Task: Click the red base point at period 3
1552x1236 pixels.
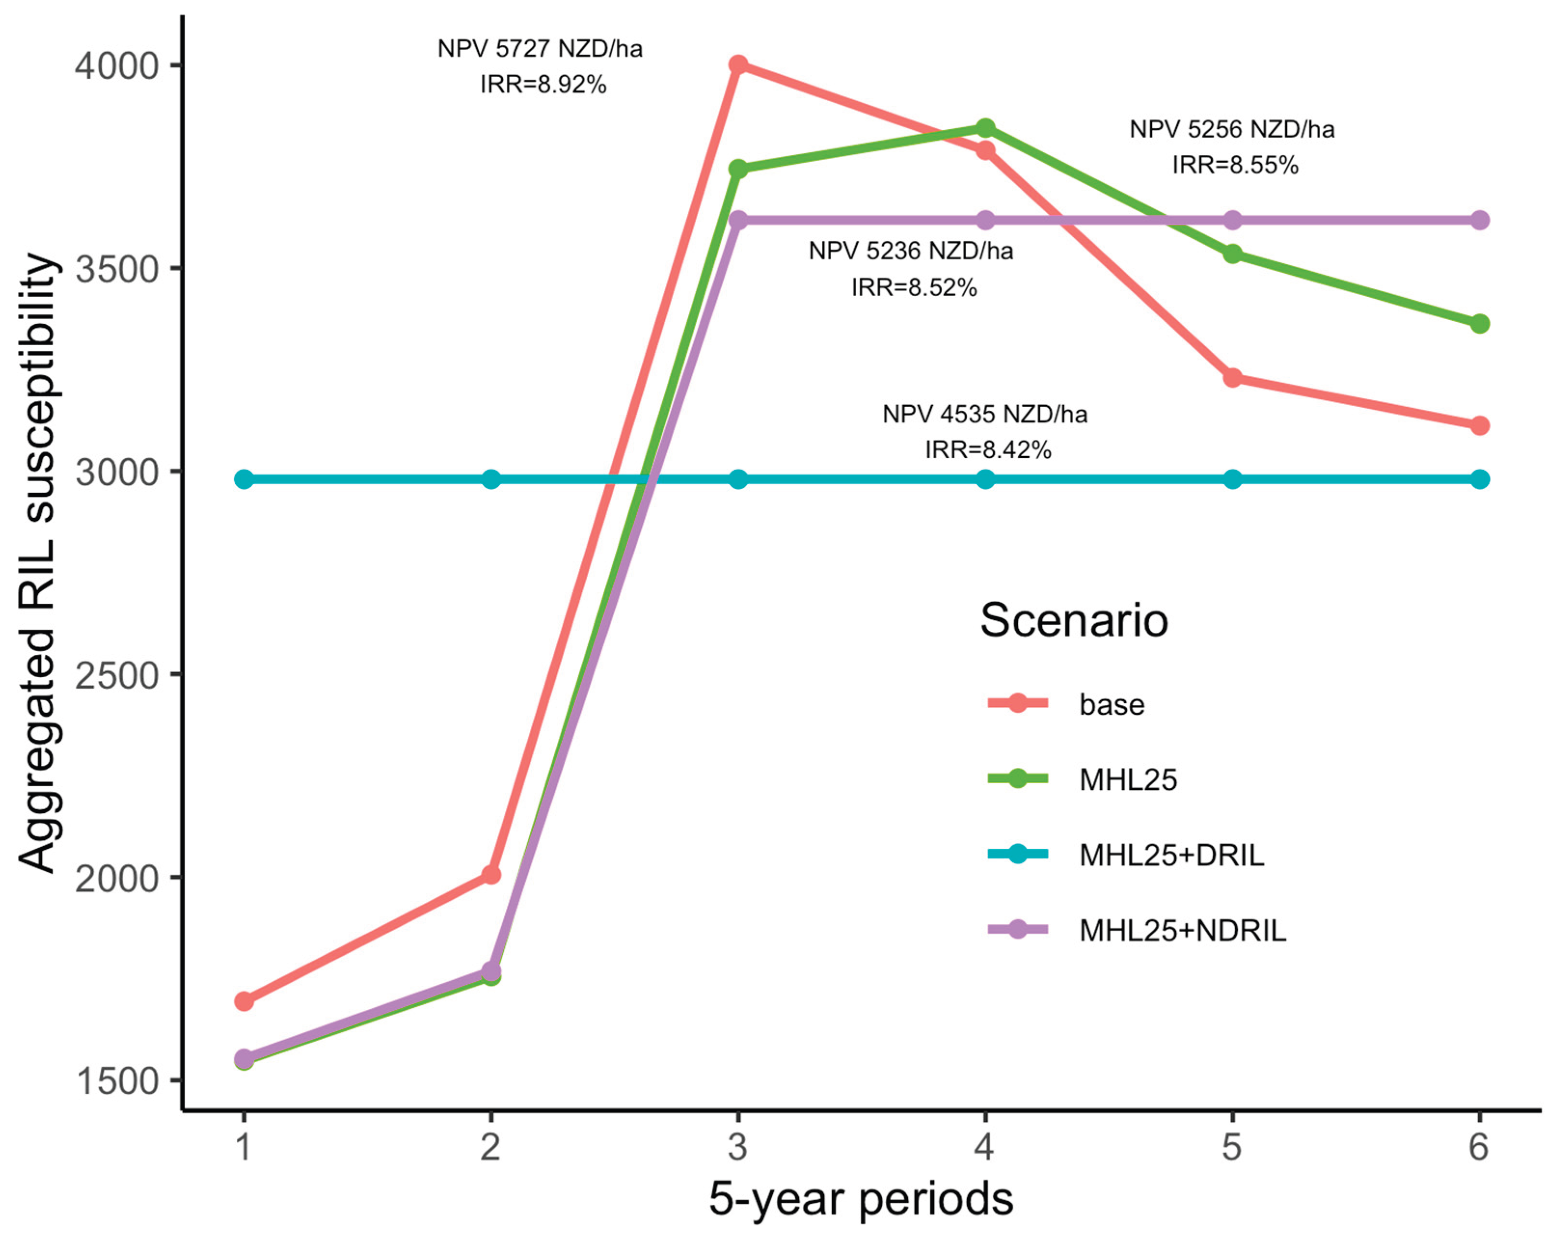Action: tap(738, 65)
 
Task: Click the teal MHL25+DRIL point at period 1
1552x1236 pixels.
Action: tap(244, 479)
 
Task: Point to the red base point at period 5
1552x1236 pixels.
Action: tap(1232, 377)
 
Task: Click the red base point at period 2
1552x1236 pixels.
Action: tap(491, 875)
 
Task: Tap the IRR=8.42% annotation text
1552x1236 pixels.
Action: tap(987, 450)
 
